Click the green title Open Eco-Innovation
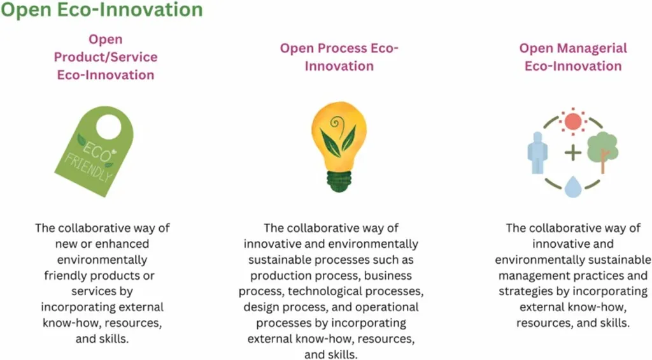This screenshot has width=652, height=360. pyautogui.click(x=101, y=9)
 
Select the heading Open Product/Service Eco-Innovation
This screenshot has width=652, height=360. pyautogui.click(x=106, y=57)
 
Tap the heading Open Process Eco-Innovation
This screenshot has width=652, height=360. pyautogui.click(x=339, y=57)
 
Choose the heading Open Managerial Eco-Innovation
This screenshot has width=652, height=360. pyautogui.click(x=573, y=57)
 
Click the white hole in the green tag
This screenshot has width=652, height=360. pyautogui.click(x=108, y=126)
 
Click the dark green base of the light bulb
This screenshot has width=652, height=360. pyautogui.click(x=339, y=182)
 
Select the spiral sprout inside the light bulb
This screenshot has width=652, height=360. pyautogui.click(x=336, y=124)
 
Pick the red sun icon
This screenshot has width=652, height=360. pyautogui.click(x=573, y=122)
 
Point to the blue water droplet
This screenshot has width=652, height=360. pyautogui.click(x=573, y=187)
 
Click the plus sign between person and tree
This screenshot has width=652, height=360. pyautogui.click(x=573, y=153)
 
